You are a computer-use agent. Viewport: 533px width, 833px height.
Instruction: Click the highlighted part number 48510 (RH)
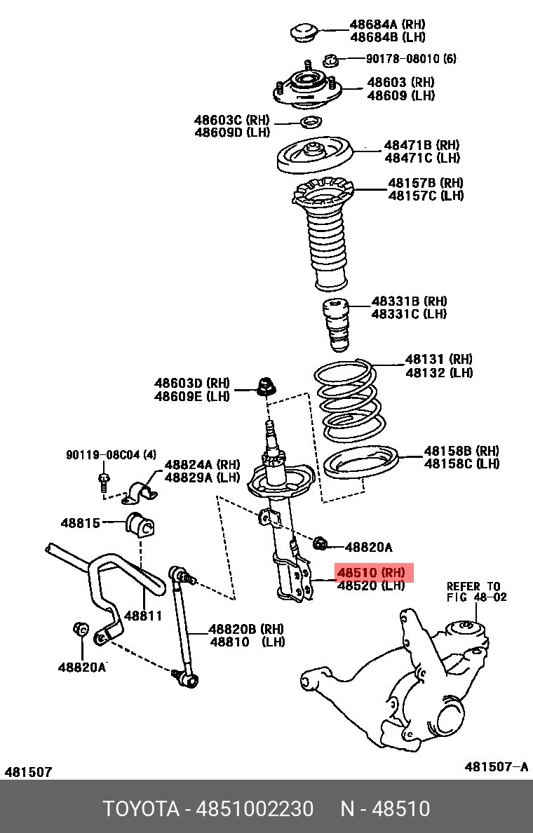[x=372, y=573]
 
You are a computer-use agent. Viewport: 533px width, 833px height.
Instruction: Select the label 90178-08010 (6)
[x=411, y=58]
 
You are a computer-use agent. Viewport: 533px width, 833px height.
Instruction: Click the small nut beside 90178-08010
[x=330, y=60]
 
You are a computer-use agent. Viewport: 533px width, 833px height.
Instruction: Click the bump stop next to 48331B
[x=337, y=325]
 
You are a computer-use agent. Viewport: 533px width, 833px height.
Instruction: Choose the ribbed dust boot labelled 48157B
[x=323, y=233]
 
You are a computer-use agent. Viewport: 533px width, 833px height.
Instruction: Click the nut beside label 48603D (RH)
[x=266, y=386]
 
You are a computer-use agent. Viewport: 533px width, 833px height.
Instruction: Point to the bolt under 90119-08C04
[x=104, y=481]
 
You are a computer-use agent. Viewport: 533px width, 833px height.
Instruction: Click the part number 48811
[x=143, y=616]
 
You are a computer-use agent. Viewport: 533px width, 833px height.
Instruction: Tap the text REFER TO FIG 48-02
[x=477, y=591]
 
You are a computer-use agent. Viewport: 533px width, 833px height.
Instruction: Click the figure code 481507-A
[x=497, y=766]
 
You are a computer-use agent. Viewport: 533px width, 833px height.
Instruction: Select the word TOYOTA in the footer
[x=141, y=808]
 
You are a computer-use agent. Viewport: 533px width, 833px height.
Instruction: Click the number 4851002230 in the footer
[x=255, y=808]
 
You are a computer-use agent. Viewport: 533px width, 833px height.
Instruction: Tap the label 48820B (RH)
[x=246, y=629]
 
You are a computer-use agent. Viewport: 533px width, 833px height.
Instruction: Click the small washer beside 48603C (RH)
[x=311, y=123]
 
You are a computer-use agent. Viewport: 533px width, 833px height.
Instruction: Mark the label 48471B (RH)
[x=422, y=145]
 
